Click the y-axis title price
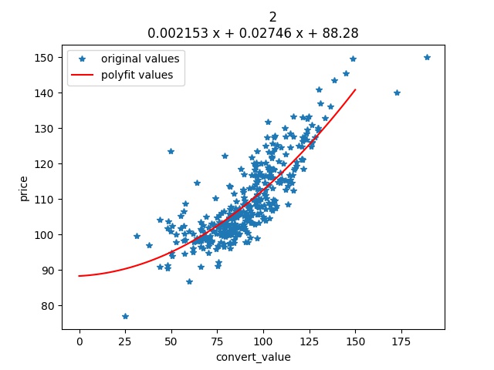click(24, 187)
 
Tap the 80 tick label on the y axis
click(47, 306)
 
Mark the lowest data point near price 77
click(125, 316)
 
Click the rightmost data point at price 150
click(427, 58)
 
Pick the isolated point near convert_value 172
click(397, 92)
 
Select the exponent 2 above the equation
click(273, 17)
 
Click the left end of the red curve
click(80, 276)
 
